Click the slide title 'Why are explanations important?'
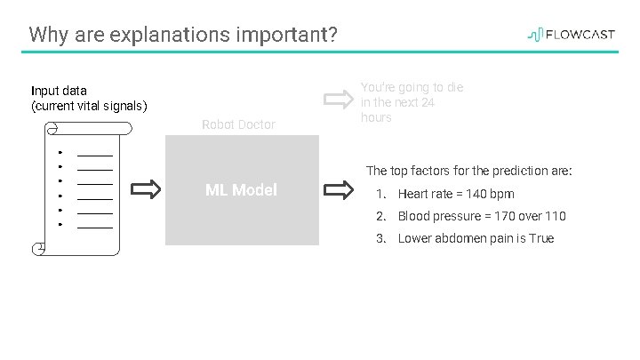click(x=183, y=36)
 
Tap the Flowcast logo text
click(x=580, y=36)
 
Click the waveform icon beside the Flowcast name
click(x=535, y=36)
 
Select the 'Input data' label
click(x=59, y=91)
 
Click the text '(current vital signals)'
click(x=89, y=107)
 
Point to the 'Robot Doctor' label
click(x=238, y=124)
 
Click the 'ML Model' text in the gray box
click(x=241, y=189)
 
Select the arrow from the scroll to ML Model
click(x=147, y=189)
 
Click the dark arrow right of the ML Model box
click(x=339, y=189)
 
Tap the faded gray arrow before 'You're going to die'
click(x=339, y=98)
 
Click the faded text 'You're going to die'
click(x=412, y=87)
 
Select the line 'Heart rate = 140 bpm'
click(x=456, y=194)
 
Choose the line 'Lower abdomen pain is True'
click(x=476, y=238)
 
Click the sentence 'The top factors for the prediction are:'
click(x=469, y=170)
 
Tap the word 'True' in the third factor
click(x=540, y=238)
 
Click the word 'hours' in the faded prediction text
click(x=376, y=117)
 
